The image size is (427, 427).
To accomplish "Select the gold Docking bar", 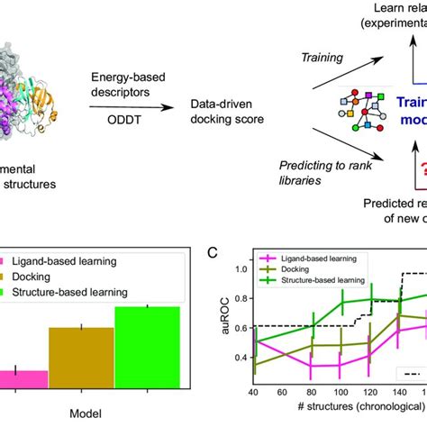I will click(x=81, y=357).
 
